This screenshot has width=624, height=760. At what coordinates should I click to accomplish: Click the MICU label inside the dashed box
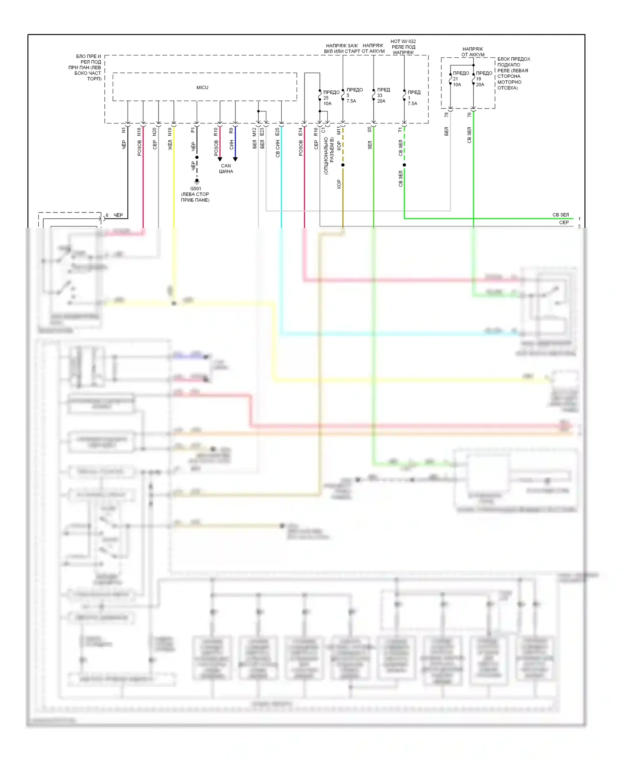(202, 88)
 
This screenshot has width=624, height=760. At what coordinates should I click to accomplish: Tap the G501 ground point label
(196, 189)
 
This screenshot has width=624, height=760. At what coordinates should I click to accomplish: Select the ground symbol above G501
(197, 181)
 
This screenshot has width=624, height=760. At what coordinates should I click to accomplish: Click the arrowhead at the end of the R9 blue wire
(235, 159)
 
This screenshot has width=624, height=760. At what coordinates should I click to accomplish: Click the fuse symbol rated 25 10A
(320, 98)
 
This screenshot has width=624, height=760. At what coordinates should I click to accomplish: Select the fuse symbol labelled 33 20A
(374, 96)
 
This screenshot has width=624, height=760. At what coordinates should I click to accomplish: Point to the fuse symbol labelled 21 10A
(451, 79)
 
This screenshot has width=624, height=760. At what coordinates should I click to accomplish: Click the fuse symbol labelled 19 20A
(473, 79)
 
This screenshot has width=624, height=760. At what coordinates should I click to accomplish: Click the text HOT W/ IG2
(403, 42)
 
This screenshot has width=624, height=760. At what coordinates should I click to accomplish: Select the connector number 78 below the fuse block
(447, 114)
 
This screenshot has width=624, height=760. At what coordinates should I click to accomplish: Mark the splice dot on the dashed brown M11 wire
(343, 165)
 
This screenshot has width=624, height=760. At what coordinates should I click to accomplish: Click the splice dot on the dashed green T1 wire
(404, 165)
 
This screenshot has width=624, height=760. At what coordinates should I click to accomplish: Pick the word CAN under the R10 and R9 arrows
(226, 166)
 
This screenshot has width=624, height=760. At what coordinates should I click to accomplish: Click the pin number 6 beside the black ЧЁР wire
(107, 215)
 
